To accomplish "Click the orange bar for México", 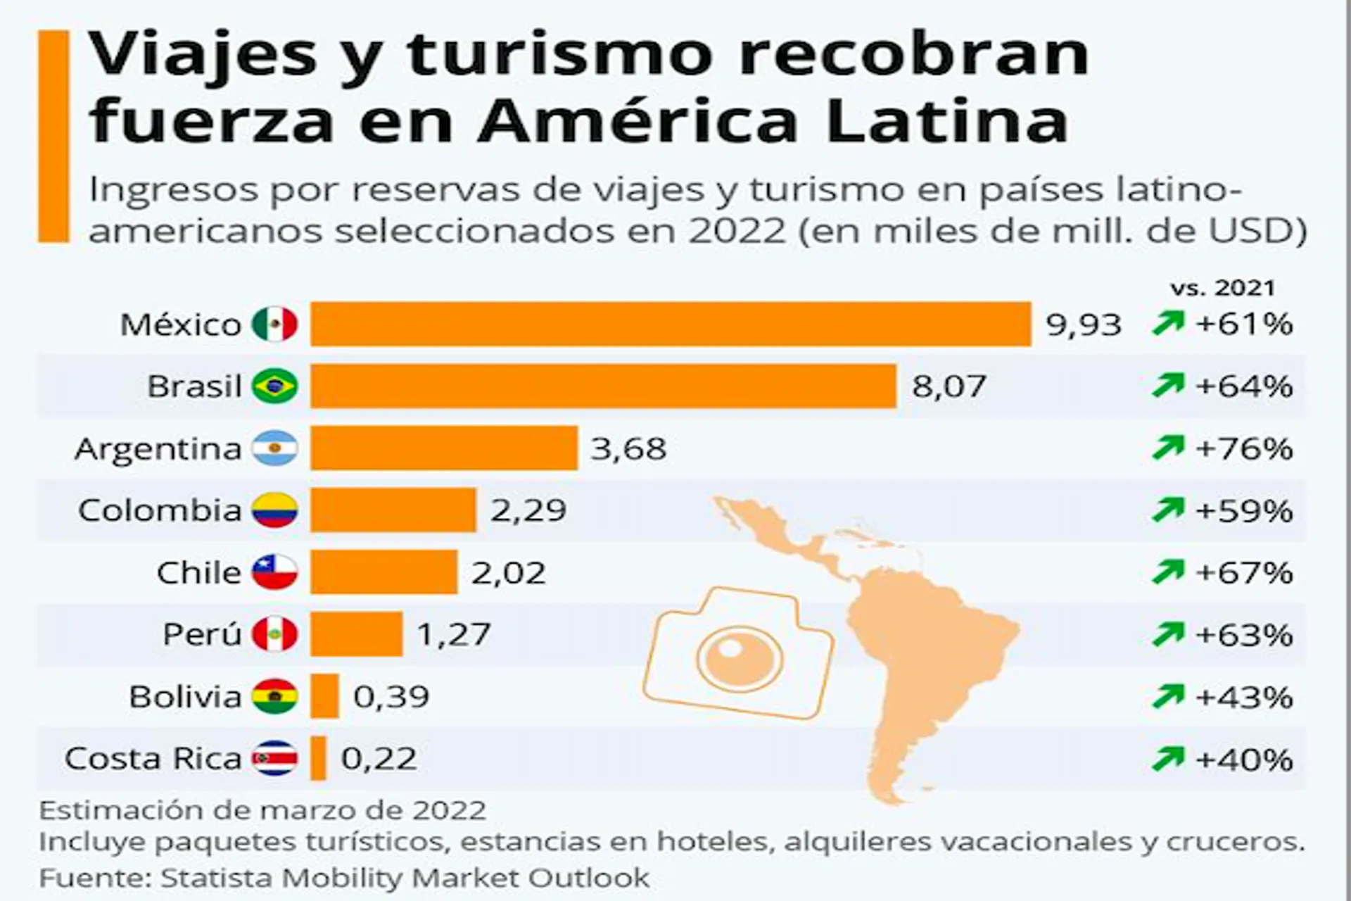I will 671,324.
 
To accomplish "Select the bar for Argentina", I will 444,448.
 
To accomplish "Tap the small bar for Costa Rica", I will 318,758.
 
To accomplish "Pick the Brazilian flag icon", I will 275,386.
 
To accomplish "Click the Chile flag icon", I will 275,572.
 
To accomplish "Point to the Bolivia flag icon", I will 275,696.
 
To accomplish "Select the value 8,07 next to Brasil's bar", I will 949,386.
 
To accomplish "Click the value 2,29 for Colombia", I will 528,510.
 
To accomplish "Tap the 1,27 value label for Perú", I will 453,634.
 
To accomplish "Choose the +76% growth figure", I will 1244,448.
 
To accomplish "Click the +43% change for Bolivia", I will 1244,697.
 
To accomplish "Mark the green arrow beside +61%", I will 1168,323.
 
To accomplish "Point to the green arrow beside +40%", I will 1168,758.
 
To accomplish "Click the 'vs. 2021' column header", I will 1223,288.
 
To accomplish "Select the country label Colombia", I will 160,510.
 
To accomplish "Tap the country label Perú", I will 202,634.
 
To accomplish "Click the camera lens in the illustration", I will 739,657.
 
